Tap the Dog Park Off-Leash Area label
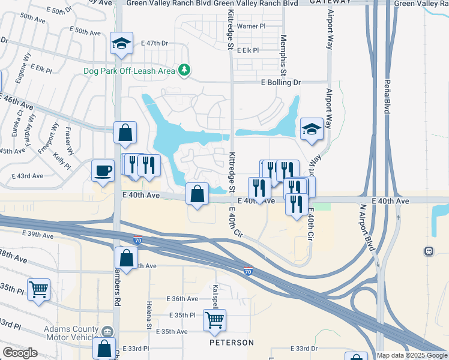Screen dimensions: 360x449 pos(129,71)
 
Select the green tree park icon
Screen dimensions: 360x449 pos(184,71)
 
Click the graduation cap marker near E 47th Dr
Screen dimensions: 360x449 pos(121,44)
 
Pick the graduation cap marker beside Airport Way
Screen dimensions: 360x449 pos(312,129)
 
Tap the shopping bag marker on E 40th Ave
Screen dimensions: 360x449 pos(197,194)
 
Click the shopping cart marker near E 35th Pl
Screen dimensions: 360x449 pos(214,321)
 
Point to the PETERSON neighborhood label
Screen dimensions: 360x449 pos(231,343)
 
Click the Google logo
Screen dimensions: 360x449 pos(20,353)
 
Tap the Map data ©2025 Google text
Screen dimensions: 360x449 pos(411,355)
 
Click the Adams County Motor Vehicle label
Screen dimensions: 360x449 pos(71,333)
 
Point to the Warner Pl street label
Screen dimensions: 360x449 pos(250,26)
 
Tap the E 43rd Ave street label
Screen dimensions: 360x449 pos(28,176)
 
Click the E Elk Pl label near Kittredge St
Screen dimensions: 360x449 pos(247,51)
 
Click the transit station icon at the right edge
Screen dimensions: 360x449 pos(429,251)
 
